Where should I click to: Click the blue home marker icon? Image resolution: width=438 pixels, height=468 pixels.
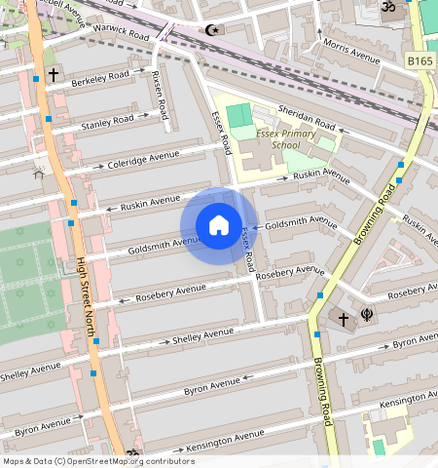pos(219,226)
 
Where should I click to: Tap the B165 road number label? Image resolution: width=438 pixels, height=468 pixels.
pos(420,61)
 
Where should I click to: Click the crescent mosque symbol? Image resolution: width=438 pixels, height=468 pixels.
pos(210,29)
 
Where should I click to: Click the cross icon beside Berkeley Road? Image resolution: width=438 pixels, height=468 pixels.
pos(54,74)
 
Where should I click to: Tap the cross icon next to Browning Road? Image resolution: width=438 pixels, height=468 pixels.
pos(343,318)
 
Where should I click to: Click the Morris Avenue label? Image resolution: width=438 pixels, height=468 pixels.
pos(350,51)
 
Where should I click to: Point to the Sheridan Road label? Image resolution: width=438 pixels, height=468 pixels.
pos(307,117)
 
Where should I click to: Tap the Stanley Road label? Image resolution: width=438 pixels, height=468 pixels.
pos(107,123)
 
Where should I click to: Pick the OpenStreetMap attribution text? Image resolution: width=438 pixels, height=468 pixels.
pos(98,461)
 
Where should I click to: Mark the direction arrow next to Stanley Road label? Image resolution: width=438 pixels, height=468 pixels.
pos(144,116)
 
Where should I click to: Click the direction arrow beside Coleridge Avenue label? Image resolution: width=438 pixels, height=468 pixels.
pos(97,168)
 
